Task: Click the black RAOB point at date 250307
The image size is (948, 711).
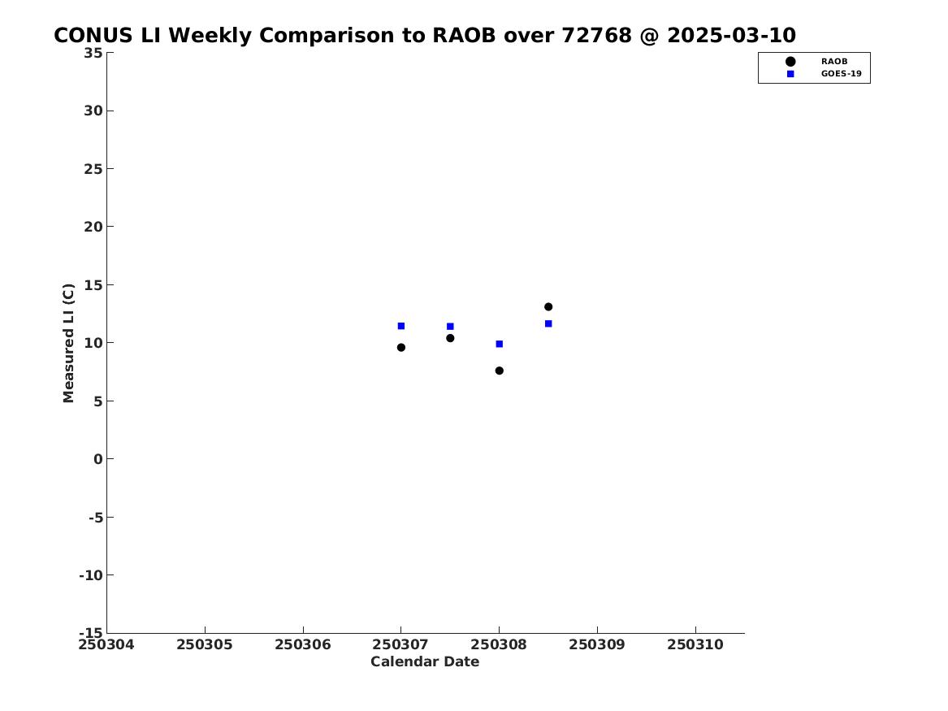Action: click(x=400, y=348)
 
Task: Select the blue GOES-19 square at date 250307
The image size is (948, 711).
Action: click(x=400, y=326)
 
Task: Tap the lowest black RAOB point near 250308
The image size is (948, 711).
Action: click(x=500, y=371)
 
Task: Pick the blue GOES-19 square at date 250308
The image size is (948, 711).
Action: click(x=500, y=344)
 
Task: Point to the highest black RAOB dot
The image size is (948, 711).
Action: click(x=548, y=306)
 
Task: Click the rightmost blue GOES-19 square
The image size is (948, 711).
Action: click(x=548, y=323)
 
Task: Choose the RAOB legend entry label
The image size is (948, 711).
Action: click(x=834, y=61)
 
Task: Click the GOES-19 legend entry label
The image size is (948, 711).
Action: click(x=841, y=74)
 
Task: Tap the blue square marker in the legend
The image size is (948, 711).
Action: click(x=790, y=74)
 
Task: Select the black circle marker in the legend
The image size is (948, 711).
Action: click(x=790, y=61)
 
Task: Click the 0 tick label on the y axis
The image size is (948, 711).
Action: click(x=98, y=459)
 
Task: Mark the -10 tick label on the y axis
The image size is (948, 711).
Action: click(x=91, y=575)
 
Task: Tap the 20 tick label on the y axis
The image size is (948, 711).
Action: click(x=93, y=227)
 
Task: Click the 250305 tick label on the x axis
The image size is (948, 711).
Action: click(x=205, y=645)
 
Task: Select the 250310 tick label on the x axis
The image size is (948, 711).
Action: click(x=695, y=645)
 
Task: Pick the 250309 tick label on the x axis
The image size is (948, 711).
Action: click(x=597, y=645)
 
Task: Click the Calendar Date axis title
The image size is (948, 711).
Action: click(x=425, y=662)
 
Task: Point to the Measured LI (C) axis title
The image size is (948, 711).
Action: click(x=68, y=343)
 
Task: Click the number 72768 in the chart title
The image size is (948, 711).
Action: click(x=597, y=36)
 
